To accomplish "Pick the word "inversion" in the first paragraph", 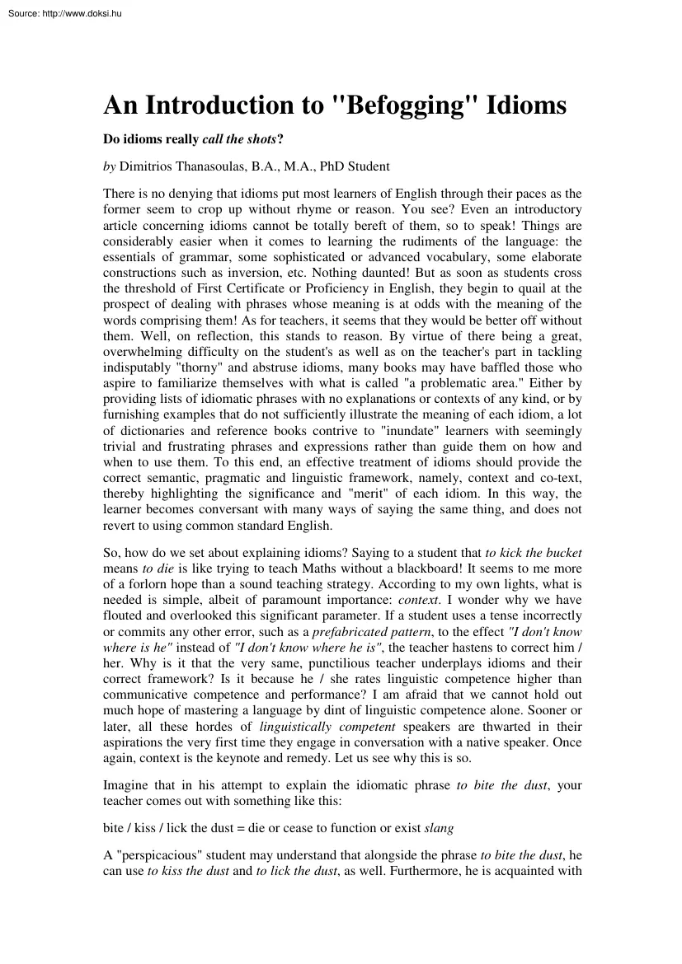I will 233,273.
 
